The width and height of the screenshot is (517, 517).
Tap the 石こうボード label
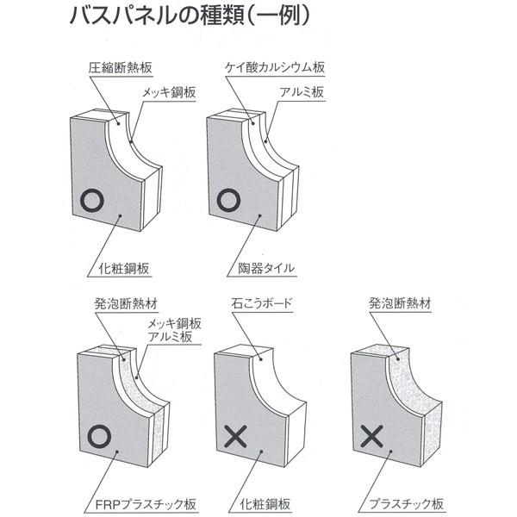(261, 304)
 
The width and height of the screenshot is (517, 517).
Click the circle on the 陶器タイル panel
(228, 201)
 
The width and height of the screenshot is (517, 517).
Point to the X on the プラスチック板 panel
(371, 437)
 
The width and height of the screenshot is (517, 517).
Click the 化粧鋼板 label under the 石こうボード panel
(261, 504)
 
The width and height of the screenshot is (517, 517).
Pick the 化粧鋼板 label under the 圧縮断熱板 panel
(119, 268)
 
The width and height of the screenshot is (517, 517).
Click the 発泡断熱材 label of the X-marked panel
(400, 304)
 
